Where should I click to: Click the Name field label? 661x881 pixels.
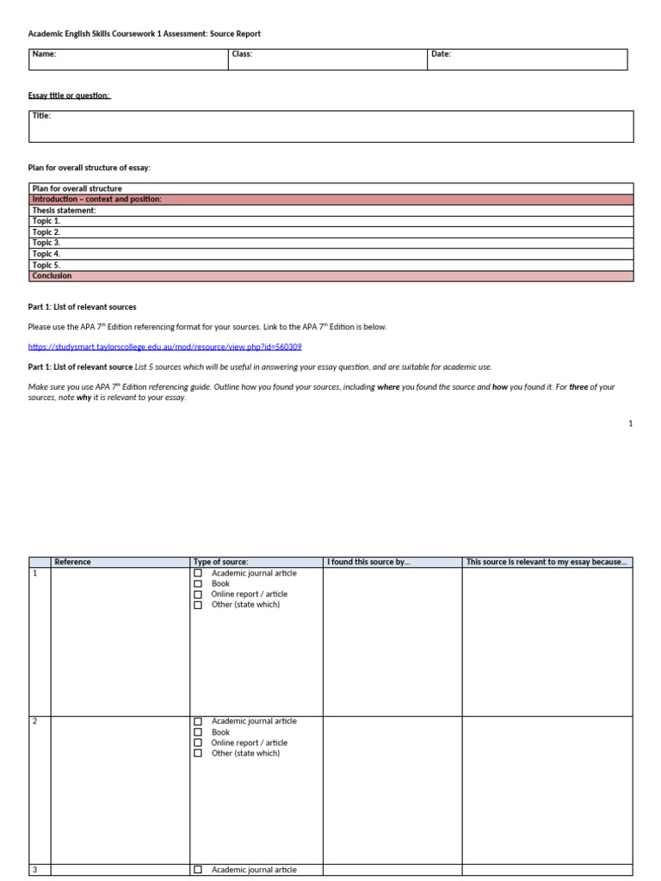point(44,54)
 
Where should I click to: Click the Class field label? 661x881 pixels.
point(242,54)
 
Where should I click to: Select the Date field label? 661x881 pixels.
point(441,54)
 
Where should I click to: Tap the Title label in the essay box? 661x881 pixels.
point(41,115)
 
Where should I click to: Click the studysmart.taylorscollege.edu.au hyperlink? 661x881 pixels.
point(164,347)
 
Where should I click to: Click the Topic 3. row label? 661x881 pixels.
point(46,243)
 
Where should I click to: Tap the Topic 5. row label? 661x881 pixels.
point(46,265)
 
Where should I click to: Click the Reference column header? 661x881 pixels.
point(72,562)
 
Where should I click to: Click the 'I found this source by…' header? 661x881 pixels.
point(368,562)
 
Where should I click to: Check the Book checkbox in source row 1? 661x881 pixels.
point(198,583)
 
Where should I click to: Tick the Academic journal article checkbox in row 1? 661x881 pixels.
point(198,573)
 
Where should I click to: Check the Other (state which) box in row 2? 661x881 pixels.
point(198,753)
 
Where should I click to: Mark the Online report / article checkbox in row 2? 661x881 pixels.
point(198,742)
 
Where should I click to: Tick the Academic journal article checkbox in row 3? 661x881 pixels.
point(198,870)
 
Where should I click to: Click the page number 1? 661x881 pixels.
point(630,423)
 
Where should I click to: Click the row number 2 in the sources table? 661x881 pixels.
point(34,721)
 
